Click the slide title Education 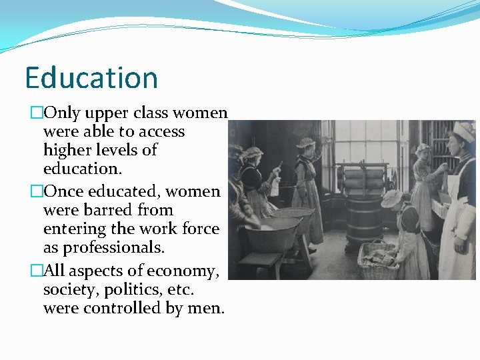pyautogui.click(x=91, y=78)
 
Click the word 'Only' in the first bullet pyautogui.click(x=63, y=113)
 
